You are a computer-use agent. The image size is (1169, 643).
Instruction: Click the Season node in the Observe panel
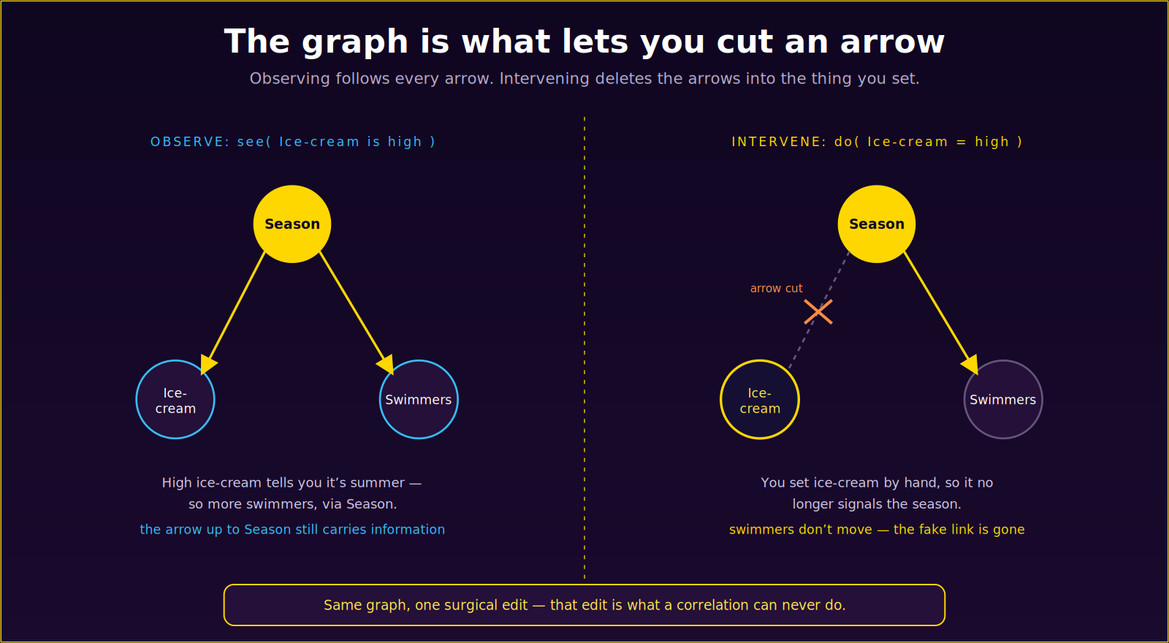292,224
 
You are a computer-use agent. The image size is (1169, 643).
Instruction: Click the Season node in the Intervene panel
877,224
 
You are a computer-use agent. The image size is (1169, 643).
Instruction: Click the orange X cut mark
818,312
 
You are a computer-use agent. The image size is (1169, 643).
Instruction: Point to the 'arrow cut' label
777,288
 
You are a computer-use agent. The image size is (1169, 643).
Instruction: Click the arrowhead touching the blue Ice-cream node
207,364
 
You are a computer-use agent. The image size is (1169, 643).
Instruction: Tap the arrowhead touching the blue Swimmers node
387,365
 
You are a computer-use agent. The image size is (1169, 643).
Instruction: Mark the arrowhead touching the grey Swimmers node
971,365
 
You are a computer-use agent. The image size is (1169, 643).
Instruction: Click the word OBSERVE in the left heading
190,142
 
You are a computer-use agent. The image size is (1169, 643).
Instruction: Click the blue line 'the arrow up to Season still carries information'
292,530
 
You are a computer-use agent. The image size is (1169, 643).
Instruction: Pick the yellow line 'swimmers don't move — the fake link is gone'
877,530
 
